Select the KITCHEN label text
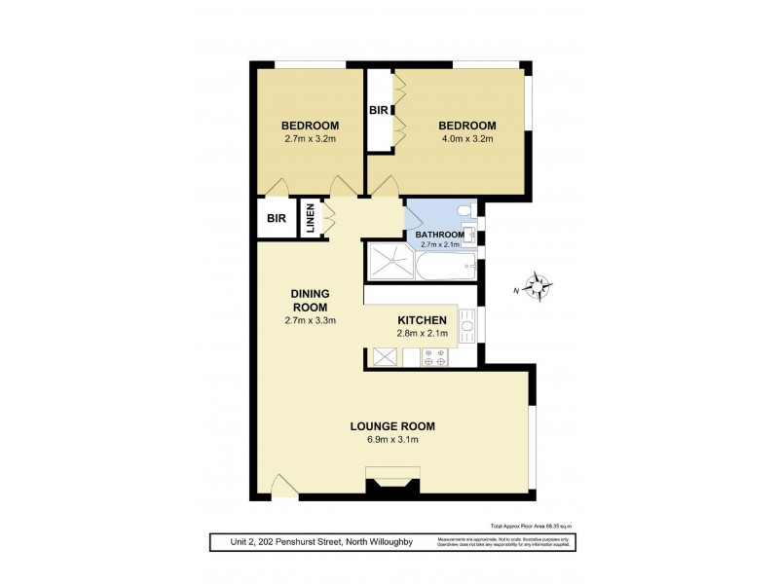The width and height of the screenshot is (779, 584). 423,320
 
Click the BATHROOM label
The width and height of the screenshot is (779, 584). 438,235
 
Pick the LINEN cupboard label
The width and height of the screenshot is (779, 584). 310,218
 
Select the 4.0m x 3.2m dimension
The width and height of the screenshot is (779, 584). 466,139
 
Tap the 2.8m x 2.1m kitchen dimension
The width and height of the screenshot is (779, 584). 423,335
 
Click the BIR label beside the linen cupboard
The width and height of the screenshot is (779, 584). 275,219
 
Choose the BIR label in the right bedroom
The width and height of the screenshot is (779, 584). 378,111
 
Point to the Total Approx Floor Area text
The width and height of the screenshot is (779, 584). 530,525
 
